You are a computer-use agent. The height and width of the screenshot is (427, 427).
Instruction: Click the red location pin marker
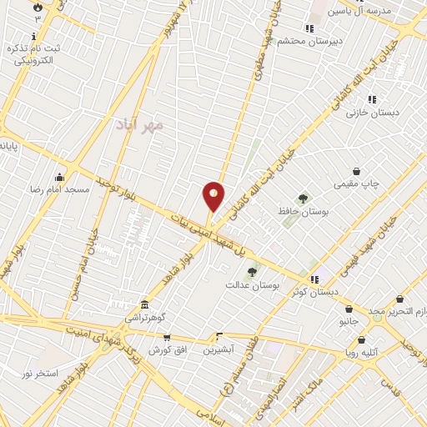coord(213,197)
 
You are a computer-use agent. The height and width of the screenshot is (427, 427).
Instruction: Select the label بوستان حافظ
coord(302,212)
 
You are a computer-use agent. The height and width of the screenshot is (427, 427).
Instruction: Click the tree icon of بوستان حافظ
coord(302,198)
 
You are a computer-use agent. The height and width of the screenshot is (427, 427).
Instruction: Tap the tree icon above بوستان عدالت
coord(252,271)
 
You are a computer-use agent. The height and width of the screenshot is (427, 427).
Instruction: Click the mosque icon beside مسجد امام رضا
coord(59,177)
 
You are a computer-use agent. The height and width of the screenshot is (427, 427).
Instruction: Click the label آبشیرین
coord(218,349)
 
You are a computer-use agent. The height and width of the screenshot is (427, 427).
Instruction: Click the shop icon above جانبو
coord(348,306)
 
